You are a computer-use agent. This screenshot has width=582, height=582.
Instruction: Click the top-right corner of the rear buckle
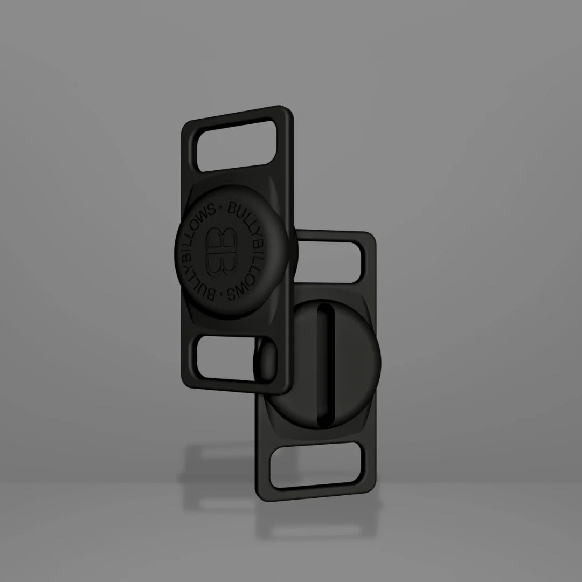click(x=371, y=236)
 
